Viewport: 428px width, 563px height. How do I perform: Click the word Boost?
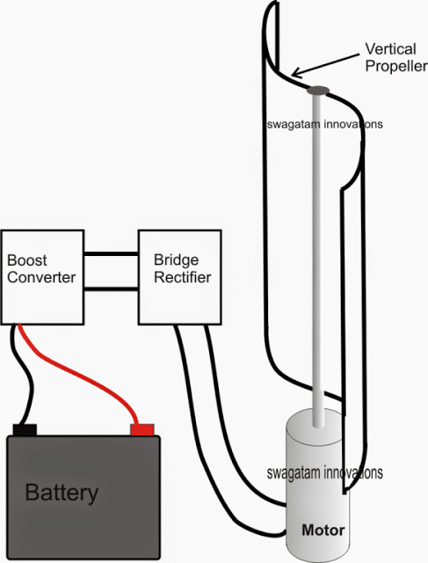pyautogui.click(x=27, y=260)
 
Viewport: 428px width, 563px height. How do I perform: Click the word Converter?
pyautogui.click(x=41, y=277)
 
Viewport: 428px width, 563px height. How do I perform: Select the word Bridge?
pyautogui.click(x=176, y=260)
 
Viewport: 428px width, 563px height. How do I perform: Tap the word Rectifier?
pyautogui.click(x=182, y=277)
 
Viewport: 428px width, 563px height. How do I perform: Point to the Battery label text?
pyautogui.click(x=62, y=493)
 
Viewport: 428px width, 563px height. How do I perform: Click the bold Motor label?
pyautogui.click(x=323, y=530)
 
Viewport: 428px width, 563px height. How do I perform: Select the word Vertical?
pyautogui.click(x=390, y=49)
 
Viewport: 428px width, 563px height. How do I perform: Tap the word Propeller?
pyautogui.click(x=396, y=66)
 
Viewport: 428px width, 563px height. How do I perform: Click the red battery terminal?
pyautogui.click(x=142, y=429)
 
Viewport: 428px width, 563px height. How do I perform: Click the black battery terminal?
pyautogui.click(x=25, y=429)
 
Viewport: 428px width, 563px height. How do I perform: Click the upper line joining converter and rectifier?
pyautogui.click(x=112, y=254)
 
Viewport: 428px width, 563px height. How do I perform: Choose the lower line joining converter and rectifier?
pyautogui.click(x=112, y=289)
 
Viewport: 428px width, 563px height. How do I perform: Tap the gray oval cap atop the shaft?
pyautogui.click(x=318, y=91)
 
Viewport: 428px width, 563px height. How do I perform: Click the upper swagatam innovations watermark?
pyautogui.click(x=325, y=124)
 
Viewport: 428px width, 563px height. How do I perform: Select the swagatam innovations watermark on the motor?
pyautogui.click(x=325, y=472)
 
